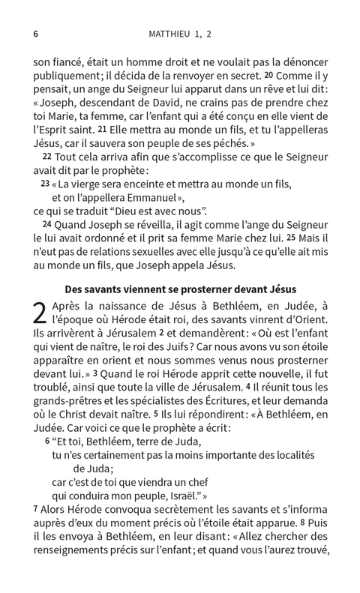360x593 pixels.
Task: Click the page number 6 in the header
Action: pyautogui.click(x=36, y=34)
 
